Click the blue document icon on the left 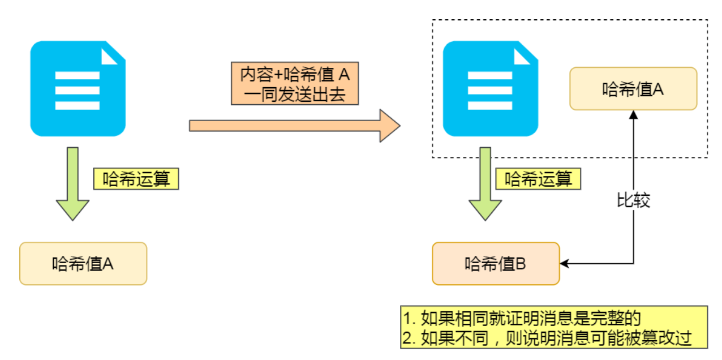click(78, 89)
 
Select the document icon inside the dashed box click(490, 89)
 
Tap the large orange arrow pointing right click(294, 125)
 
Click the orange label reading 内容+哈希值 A click(294, 74)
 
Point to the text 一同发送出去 click(294, 93)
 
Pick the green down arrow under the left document click(72, 184)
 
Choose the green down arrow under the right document click(484, 184)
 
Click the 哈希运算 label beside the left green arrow click(136, 179)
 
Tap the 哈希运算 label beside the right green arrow click(538, 179)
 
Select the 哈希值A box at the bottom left click(83, 264)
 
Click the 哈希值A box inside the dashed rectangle click(633, 89)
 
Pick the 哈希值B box click(496, 264)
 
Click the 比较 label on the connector click(633, 200)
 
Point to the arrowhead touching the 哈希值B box click(564, 264)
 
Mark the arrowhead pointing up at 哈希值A click(634, 114)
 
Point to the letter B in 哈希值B click(521, 264)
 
